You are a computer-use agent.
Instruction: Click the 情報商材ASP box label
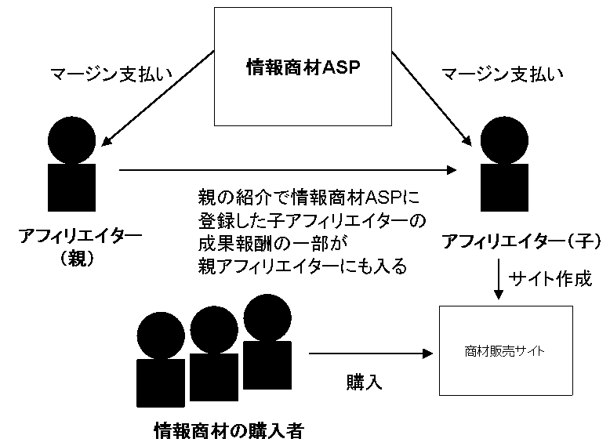303,67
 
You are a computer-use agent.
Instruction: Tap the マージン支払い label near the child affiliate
502,75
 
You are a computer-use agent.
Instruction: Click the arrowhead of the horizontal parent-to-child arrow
452,169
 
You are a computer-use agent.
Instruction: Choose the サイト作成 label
550,278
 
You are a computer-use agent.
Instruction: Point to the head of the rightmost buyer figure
267,317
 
